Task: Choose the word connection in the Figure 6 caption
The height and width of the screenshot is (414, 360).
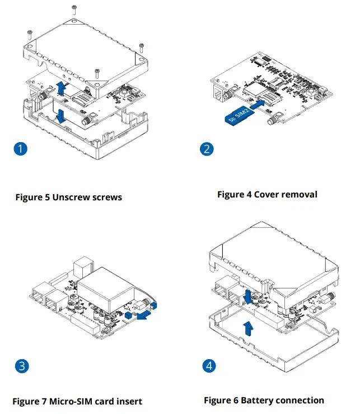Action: [x=300, y=400]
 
